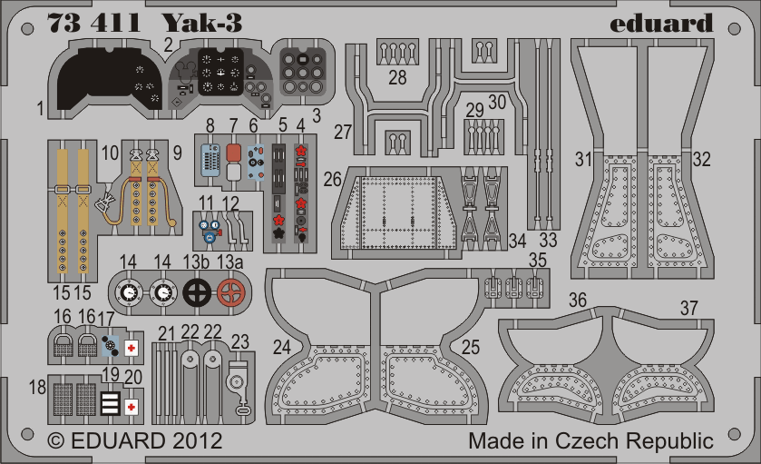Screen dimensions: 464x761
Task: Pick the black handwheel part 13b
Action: pyautogui.click(x=198, y=291)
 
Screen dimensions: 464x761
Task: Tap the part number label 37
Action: pyautogui.click(x=689, y=309)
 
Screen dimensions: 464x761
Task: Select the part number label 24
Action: pyautogui.click(x=282, y=345)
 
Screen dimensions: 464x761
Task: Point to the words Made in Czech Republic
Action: pyautogui.click(x=590, y=441)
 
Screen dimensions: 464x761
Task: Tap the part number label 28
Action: pyautogui.click(x=397, y=77)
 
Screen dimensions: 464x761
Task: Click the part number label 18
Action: pyautogui.click(x=36, y=388)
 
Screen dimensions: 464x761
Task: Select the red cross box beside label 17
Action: pyautogui.click(x=132, y=345)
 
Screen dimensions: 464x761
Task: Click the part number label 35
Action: pyautogui.click(x=538, y=260)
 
